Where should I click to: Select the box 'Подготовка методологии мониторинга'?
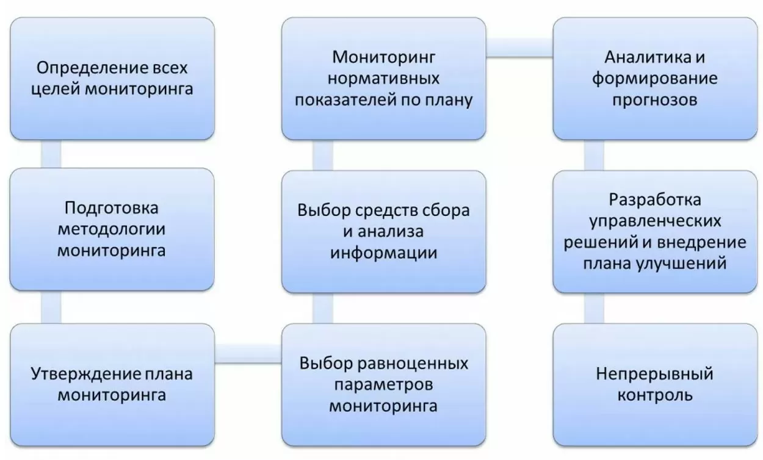click(112, 229)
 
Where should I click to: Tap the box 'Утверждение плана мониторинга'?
click(112, 384)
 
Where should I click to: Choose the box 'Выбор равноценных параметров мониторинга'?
click(384, 384)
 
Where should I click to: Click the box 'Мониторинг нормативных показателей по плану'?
click(384, 79)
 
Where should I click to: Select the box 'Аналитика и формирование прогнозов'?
click(655, 79)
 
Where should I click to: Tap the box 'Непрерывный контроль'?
click(655, 384)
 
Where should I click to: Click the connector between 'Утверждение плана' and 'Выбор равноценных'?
click(248, 353)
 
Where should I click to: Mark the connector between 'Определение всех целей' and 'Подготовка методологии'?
click(51, 154)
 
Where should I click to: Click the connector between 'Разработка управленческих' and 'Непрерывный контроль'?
click(594, 307)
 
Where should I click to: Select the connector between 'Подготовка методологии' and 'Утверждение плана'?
click(51, 307)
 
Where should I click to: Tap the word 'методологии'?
click(112, 229)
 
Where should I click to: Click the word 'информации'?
click(384, 252)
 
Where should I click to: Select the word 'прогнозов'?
click(655, 99)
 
